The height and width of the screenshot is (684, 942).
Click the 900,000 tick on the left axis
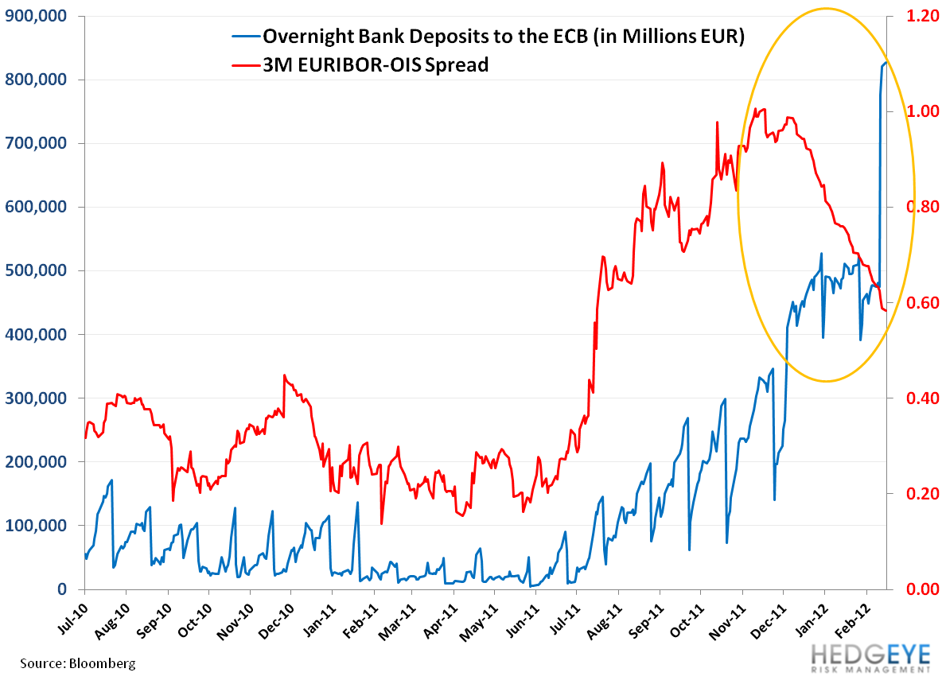pyautogui.click(x=40, y=16)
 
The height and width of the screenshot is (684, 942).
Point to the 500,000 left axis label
pyautogui.click(x=40, y=270)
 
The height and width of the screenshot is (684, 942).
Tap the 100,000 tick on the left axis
pyautogui.click(x=40, y=525)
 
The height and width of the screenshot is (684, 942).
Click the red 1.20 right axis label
pyautogui.click(x=917, y=16)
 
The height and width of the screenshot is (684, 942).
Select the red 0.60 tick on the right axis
pyautogui.click(x=917, y=303)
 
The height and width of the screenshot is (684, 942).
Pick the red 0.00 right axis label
pyautogui.click(x=917, y=589)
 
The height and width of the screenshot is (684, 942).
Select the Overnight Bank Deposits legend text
pyautogui.click(x=503, y=37)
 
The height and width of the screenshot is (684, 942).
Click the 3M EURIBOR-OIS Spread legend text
pyautogui.click(x=376, y=64)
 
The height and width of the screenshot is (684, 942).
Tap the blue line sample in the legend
pyautogui.click(x=244, y=37)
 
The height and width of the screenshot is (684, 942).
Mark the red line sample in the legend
pyautogui.click(x=244, y=64)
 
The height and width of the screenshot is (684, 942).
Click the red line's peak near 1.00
pyautogui.click(x=755, y=109)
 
